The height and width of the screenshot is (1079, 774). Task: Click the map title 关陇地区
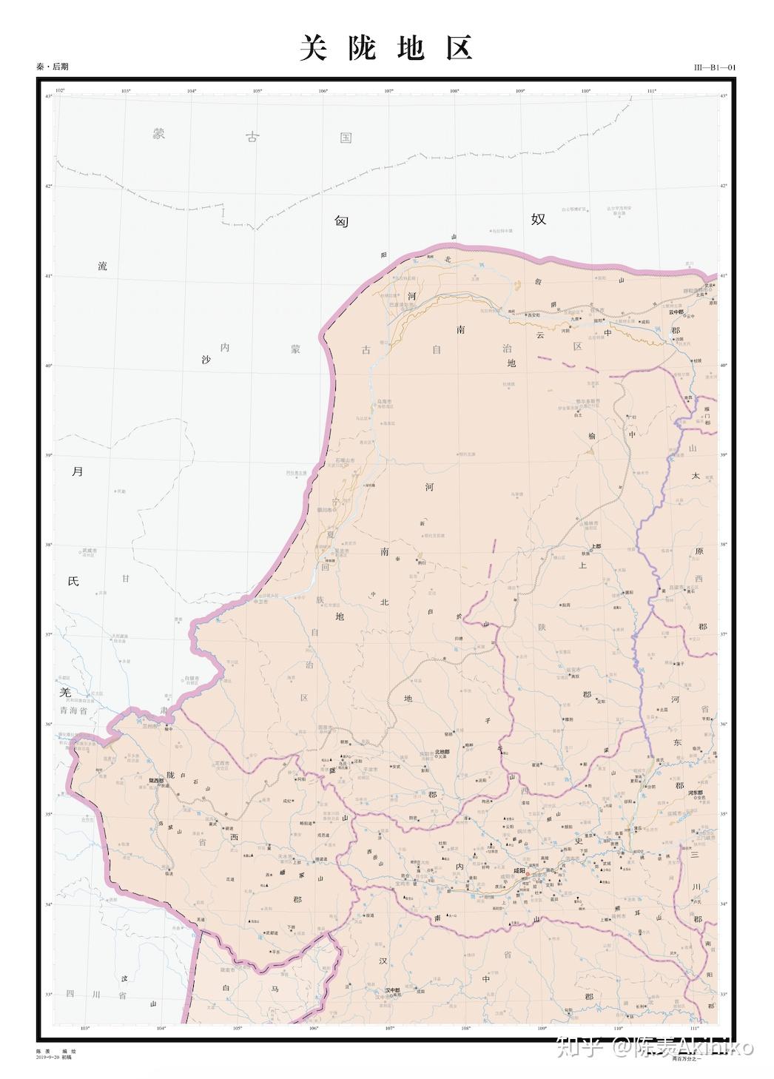pos(386,49)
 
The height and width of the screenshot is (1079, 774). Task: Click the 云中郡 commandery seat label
pos(676,312)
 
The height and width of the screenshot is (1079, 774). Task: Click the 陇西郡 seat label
pos(156,780)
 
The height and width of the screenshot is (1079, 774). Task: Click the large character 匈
pos(341,221)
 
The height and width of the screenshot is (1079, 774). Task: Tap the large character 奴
pos(538,219)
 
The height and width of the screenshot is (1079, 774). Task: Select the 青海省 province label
pos(74,709)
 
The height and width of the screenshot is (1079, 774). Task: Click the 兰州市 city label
pos(152,725)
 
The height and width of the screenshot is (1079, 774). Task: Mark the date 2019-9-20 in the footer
pos(47,1057)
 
